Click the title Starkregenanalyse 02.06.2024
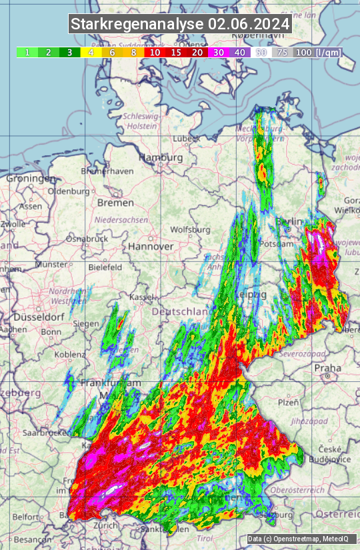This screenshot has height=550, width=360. coord(180,25)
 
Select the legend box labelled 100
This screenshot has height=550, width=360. coord(303,52)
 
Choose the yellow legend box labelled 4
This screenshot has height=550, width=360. coord(90,52)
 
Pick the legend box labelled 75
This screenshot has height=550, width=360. coord(283,52)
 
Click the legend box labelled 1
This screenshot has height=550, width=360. coord(27,52)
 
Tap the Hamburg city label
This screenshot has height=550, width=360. coord(161,158)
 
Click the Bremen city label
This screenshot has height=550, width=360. coord(115,202)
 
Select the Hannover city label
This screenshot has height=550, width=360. coord(151,246)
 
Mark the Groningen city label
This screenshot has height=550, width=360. coord(31,179)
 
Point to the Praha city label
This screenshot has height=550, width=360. coord(327,368)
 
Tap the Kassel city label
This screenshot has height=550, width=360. coord(141,295)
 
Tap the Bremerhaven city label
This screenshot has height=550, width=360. coord(107,171)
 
